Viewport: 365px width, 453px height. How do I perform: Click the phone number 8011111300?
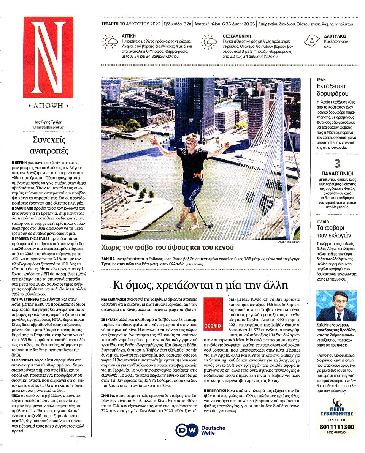point(337,427)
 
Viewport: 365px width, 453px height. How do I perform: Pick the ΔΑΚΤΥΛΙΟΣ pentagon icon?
point(311,40)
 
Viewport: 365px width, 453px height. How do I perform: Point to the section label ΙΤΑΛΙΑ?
point(323,221)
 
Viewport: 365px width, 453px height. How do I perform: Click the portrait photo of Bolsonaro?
point(336,306)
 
